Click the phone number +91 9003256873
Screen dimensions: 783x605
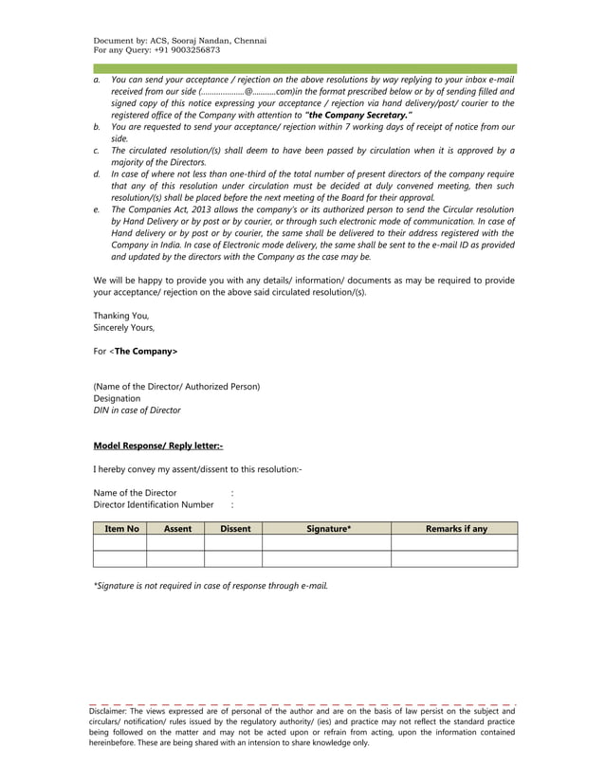point(186,49)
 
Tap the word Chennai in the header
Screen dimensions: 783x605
point(246,41)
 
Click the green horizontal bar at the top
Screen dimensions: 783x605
point(304,69)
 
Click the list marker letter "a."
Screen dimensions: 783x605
point(97,81)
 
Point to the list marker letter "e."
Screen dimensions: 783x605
point(97,209)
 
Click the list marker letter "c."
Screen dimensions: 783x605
point(97,151)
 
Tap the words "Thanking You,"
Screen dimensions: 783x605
point(120,315)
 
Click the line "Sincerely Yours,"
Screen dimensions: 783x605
point(124,327)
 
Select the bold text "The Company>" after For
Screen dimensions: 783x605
point(145,351)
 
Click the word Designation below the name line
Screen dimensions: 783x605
point(117,398)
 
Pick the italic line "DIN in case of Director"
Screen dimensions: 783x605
point(137,410)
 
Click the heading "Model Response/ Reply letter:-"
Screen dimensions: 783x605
point(157,445)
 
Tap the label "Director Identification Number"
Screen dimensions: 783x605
point(154,505)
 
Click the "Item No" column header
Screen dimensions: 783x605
point(121,528)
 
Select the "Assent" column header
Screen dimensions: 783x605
point(177,528)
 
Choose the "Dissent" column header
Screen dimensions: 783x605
point(234,528)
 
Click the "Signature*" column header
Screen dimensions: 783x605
point(328,528)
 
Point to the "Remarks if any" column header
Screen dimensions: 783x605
point(456,528)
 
